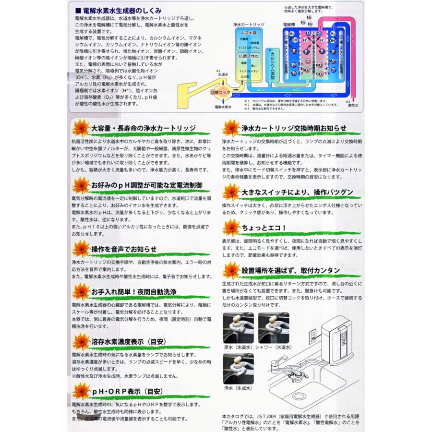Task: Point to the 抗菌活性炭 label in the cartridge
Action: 249,56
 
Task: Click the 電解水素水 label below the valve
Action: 223,107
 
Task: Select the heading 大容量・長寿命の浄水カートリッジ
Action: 143,128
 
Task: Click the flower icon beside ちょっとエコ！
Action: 232,226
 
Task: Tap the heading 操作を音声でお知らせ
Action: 124,249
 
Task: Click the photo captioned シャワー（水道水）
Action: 274,328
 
